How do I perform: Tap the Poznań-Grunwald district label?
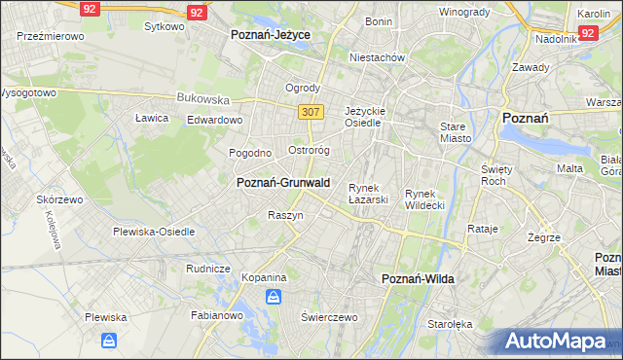(283, 182)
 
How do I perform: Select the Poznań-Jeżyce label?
(271, 34)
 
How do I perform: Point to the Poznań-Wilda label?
(418, 278)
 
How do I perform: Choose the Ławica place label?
(152, 118)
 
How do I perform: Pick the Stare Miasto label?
(456, 132)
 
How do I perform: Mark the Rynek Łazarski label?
(369, 194)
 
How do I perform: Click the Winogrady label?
(464, 12)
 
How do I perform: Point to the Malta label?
(569, 168)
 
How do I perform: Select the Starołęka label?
(450, 323)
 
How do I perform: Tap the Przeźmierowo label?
(51, 35)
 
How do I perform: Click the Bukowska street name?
(203, 98)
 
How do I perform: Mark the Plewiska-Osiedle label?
(154, 232)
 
